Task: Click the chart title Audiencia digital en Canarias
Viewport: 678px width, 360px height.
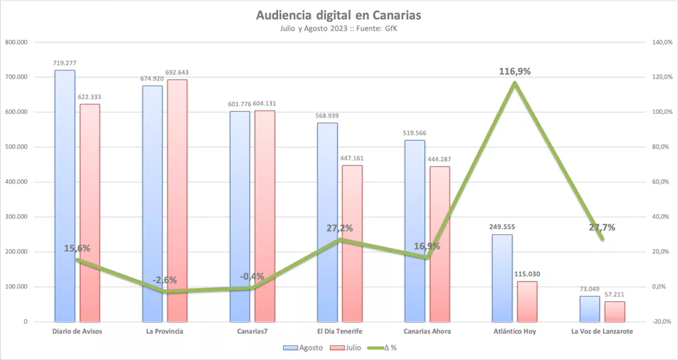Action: tap(338, 15)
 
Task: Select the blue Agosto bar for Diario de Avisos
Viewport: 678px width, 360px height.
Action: tap(65, 194)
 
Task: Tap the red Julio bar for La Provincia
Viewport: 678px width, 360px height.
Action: tap(177, 199)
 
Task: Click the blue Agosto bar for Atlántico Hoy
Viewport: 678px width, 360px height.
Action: tap(502, 277)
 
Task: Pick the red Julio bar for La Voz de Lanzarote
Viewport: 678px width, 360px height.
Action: tap(614, 311)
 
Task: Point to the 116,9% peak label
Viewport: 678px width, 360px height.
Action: tap(515, 71)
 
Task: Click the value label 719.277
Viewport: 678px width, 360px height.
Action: tap(64, 63)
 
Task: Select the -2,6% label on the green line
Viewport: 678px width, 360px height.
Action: tap(165, 280)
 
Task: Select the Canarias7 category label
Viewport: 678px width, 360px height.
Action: tap(252, 331)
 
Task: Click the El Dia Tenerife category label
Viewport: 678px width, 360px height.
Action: tap(340, 331)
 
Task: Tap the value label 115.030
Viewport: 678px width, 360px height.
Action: tap(527, 274)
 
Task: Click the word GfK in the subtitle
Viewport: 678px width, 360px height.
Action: tap(391, 29)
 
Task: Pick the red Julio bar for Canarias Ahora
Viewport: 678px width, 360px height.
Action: tap(440, 244)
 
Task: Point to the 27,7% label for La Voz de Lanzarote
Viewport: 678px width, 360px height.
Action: tap(602, 227)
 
